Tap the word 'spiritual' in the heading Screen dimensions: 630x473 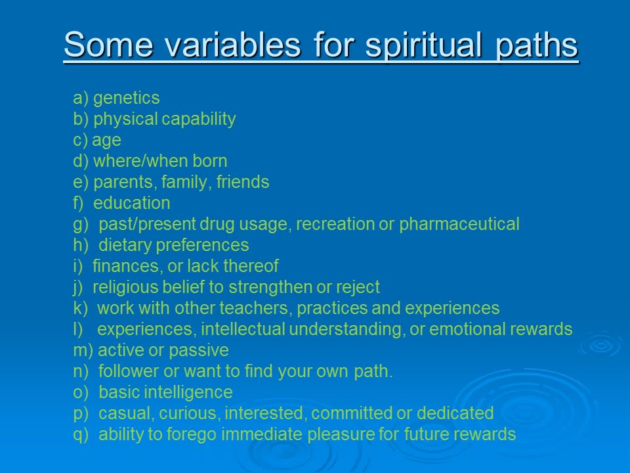(x=423, y=46)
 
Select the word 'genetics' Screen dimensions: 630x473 (x=127, y=99)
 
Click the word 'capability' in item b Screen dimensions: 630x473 (x=198, y=120)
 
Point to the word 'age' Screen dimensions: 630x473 (x=106, y=141)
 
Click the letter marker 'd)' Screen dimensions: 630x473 (x=81, y=162)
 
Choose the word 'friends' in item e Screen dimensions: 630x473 (x=243, y=182)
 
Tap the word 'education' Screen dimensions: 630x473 (x=132, y=203)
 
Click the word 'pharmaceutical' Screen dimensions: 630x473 (x=459, y=225)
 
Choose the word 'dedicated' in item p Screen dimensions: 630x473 (x=455, y=413)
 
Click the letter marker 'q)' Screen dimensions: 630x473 (x=81, y=435)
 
